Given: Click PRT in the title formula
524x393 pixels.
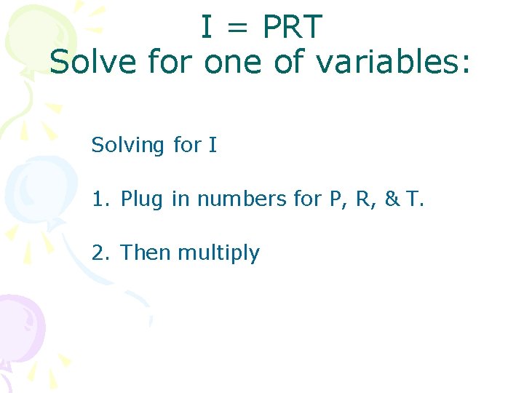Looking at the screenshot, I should point(292,28).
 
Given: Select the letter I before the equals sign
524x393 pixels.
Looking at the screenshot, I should point(207,28).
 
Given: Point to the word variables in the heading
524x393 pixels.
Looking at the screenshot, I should point(394,63).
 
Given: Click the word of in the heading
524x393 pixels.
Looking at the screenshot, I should point(290,63).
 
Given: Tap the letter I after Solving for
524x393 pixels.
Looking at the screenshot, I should point(213,145).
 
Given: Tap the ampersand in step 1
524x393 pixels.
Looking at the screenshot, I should point(392,199).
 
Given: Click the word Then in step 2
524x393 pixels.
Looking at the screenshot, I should point(146,253).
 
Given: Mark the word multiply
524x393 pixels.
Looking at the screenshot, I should point(218,253).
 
